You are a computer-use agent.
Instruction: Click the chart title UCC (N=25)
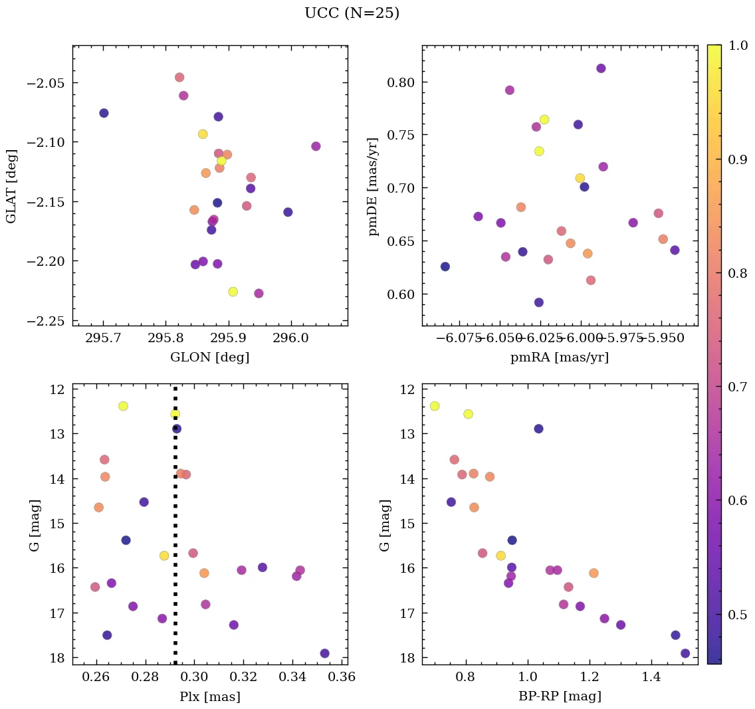coord(352,13)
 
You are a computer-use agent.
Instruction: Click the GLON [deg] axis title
coord(209,357)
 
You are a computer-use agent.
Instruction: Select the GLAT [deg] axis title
coord(11,186)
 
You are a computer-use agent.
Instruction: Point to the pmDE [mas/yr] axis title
coord(373,187)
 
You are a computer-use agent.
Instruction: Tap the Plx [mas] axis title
coord(209,696)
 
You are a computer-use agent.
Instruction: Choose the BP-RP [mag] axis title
coord(560,696)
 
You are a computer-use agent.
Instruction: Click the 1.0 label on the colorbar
coord(738,45)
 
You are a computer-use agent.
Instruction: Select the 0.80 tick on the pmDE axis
coord(397,82)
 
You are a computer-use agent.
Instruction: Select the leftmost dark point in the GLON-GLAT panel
coord(104,113)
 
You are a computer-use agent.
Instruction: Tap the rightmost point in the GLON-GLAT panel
coord(316,146)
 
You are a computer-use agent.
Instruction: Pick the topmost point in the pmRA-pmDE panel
coord(601,68)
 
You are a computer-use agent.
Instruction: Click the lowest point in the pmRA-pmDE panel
coord(539,302)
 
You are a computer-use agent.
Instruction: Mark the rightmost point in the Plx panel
coord(324,653)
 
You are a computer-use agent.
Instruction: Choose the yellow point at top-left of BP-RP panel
coord(435,406)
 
